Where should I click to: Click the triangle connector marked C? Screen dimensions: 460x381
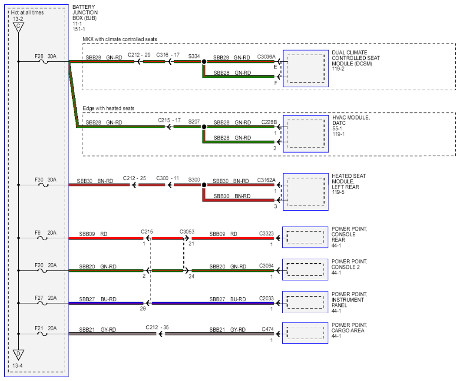click(18, 27)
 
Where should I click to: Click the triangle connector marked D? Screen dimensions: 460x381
click(18, 354)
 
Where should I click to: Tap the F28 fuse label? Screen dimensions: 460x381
click(39, 56)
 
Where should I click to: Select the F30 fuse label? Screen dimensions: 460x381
click(39, 179)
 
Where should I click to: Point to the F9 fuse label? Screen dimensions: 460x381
click(37, 232)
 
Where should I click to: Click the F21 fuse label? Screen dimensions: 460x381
click(39, 328)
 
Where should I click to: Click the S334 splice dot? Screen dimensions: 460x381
click(204, 62)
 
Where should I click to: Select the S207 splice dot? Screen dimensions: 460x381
click(204, 127)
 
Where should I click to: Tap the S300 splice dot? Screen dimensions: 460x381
click(204, 185)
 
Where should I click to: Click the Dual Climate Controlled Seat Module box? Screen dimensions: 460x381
click(306, 69)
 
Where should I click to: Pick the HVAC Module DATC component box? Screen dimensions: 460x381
click(306, 134)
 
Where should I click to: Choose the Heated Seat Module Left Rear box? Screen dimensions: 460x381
click(306, 192)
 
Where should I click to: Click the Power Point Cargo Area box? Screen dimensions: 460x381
click(305, 333)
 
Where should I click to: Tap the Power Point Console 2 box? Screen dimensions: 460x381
click(305, 269)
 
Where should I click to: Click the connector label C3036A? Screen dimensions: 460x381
click(266, 56)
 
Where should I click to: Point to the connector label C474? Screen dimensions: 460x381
click(268, 329)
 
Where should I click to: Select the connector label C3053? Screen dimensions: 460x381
click(187, 232)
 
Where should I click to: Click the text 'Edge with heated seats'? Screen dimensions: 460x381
click(109, 108)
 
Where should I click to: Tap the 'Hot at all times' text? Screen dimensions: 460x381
click(27, 13)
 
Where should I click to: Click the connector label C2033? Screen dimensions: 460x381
click(266, 298)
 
